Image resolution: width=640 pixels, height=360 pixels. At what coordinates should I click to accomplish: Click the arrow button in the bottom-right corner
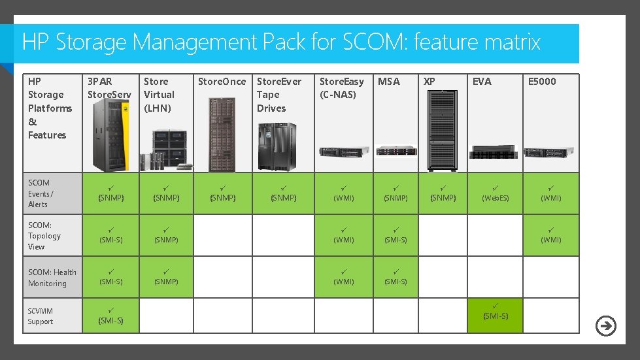point(606,325)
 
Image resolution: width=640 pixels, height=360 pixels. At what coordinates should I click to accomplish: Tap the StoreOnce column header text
point(222,82)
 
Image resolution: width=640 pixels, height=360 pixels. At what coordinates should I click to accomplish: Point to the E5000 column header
point(542,82)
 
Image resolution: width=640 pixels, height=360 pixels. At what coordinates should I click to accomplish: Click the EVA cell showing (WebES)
point(495,193)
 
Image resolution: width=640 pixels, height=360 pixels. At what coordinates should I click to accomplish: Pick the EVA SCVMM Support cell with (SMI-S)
point(495,316)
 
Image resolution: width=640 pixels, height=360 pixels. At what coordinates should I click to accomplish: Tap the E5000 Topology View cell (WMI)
point(550,235)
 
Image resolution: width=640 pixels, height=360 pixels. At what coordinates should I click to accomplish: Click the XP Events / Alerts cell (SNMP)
point(443,193)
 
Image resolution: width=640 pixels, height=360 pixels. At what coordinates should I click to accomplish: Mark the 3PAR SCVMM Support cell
point(110,316)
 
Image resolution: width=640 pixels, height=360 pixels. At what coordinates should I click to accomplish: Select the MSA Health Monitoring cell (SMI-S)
point(395,277)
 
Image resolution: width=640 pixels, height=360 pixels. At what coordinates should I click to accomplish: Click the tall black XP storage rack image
point(443,129)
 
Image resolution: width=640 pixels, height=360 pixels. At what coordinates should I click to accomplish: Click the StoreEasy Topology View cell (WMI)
point(343,235)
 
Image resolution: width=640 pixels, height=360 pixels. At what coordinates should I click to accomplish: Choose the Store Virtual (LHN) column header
point(159,95)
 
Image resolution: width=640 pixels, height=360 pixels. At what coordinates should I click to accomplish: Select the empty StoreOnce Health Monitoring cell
point(222,277)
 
